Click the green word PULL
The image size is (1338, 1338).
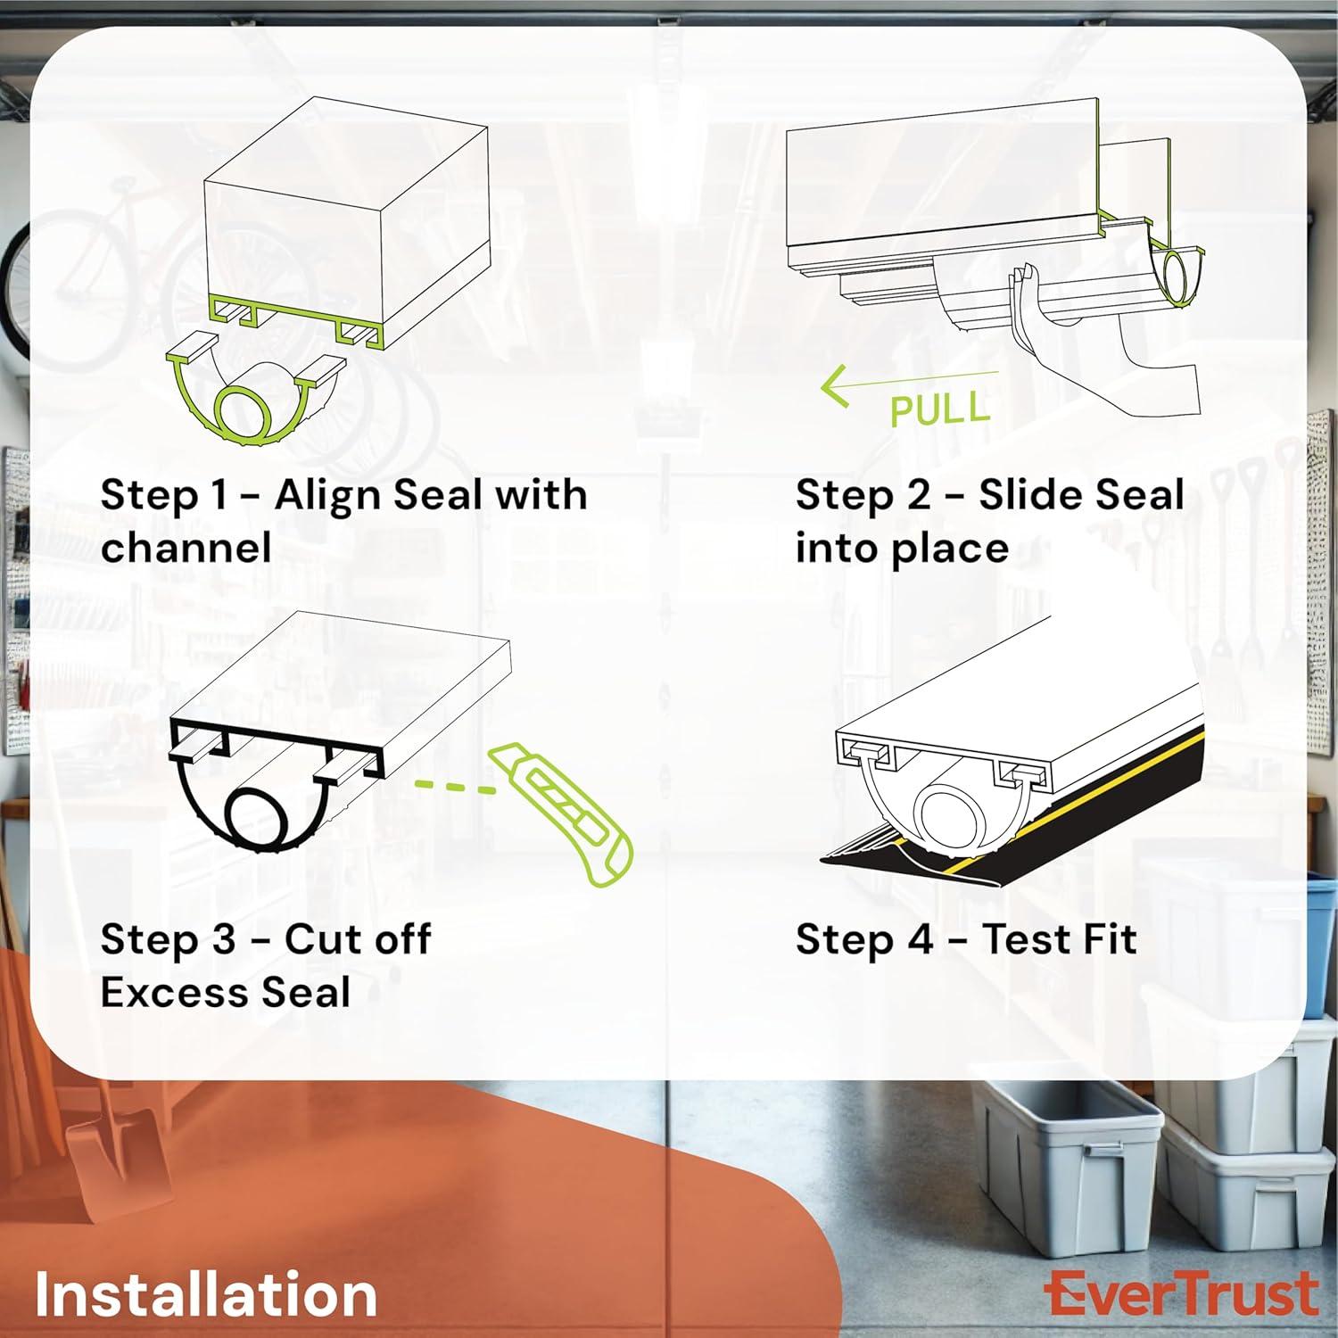pyautogui.click(x=940, y=409)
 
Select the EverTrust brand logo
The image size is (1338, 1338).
pyautogui.click(x=1182, y=1294)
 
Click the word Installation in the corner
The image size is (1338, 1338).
pyautogui.click(x=206, y=1294)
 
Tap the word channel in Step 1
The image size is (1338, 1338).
pyautogui.click(x=186, y=548)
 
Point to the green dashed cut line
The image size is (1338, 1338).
pyautogui.click(x=455, y=786)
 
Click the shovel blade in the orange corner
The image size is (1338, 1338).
pyautogui.click(x=103, y=1151)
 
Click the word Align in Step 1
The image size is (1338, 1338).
pyautogui.click(x=329, y=495)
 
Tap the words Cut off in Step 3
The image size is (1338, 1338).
pyautogui.click(x=357, y=939)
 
